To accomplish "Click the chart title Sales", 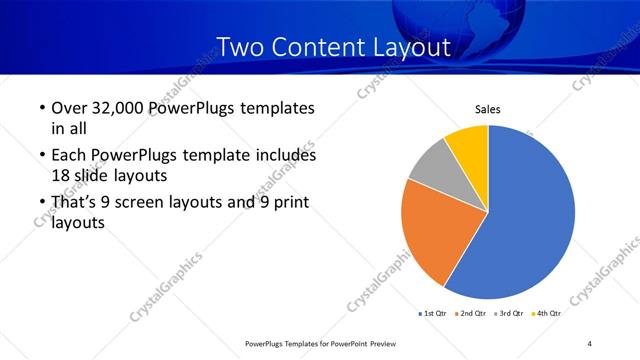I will [487, 110].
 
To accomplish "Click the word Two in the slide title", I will [240, 47].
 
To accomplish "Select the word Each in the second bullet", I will [68, 156].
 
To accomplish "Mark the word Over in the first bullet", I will [69, 108].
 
